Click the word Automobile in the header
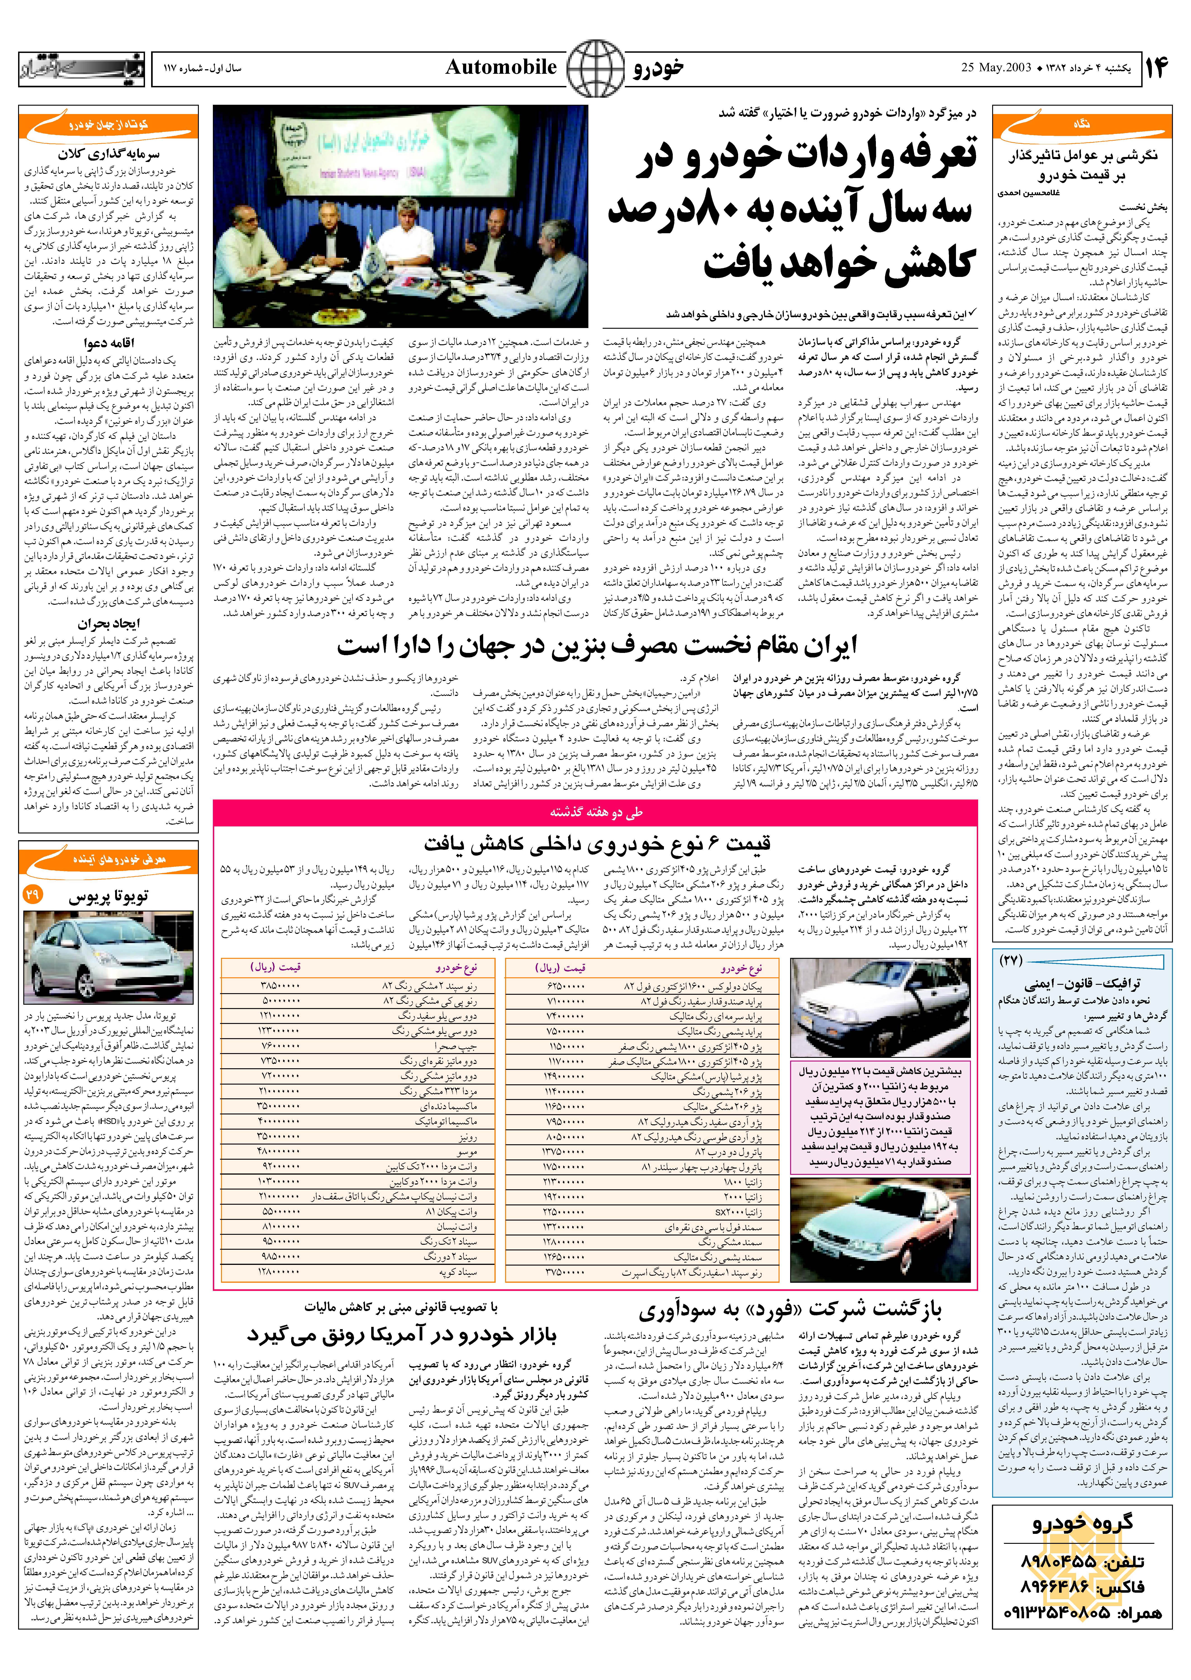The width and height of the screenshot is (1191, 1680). pos(501,67)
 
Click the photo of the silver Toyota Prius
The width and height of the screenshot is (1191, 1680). pos(109,957)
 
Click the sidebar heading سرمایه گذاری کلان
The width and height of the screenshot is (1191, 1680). pos(109,154)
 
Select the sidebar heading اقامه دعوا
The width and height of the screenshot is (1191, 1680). pos(109,343)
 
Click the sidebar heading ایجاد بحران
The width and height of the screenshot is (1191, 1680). pos(109,623)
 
